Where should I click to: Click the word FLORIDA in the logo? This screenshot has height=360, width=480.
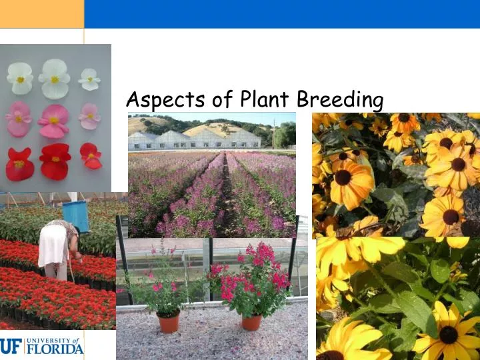pyautogui.click(x=53, y=347)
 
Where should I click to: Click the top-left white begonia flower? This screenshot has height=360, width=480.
pyautogui.click(x=20, y=77)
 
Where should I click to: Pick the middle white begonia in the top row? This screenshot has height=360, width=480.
pyautogui.click(x=54, y=78)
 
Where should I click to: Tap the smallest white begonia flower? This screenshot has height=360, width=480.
pyautogui.click(x=89, y=79)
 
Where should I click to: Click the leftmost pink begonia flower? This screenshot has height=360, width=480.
pyautogui.click(x=19, y=119)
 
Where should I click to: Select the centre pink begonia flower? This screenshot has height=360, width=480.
pyautogui.click(x=54, y=121)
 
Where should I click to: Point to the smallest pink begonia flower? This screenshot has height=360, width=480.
pyautogui.click(x=89, y=116)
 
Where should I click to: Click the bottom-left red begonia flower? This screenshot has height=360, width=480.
pyautogui.click(x=19, y=163)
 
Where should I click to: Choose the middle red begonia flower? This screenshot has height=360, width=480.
pyautogui.click(x=55, y=161)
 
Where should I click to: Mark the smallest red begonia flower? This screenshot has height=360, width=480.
pyautogui.click(x=91, y=156)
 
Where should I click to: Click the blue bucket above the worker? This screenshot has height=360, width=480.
pyautogui.click(x=75, y=215)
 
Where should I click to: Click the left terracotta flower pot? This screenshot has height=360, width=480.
pyautogui.click(x=169, y=322)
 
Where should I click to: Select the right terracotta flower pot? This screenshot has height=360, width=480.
pyautogui.click(x=251, y=321)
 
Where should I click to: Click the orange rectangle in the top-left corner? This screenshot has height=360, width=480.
pyautogui.click(x=41, y=13)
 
